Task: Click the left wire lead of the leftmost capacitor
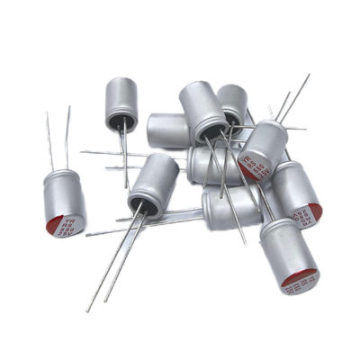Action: tap(49, 139)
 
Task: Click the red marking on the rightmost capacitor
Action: tap(315, 212)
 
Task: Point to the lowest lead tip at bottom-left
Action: tap(88, 310)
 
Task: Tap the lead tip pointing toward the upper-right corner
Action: tap(308, 76)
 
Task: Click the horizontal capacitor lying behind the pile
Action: tap(168, 130)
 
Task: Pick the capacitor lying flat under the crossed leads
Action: tap(229, 209)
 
